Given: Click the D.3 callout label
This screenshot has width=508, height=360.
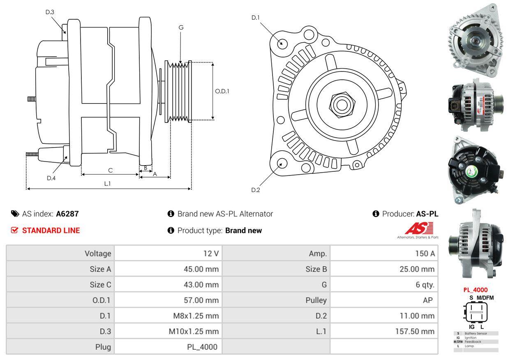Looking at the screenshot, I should click(50, 12).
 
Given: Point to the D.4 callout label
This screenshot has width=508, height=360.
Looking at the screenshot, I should click(51, 178).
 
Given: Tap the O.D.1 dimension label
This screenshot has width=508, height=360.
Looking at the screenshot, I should click(222, 91).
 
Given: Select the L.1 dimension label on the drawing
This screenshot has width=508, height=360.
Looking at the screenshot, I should click(107, 184).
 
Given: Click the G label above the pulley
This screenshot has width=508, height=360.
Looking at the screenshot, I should click(181, 28).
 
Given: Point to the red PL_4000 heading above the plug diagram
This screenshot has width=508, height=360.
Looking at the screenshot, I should click(475, 290).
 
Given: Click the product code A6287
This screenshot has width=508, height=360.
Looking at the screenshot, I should click(67, 214).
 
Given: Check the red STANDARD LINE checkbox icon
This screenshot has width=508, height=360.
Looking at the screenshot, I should click(15, 231).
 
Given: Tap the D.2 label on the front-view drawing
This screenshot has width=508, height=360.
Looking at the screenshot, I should click(256, 190).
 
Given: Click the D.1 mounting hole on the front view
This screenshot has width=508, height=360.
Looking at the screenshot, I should click(282, 43).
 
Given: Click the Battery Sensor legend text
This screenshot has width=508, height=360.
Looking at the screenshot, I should click(476, 333).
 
